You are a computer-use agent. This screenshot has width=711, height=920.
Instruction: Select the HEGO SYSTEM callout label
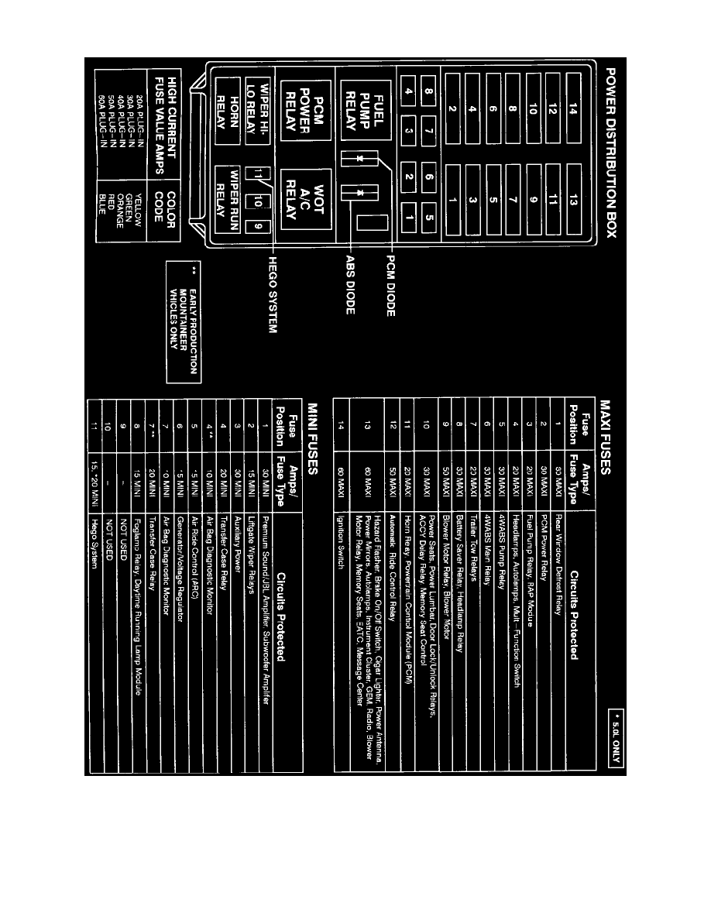[x=273, y=294]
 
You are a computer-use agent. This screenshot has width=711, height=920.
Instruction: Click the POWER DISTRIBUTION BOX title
[x=611, y=163]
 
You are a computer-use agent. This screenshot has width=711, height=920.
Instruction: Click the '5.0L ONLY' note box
[x=613, y=740]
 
